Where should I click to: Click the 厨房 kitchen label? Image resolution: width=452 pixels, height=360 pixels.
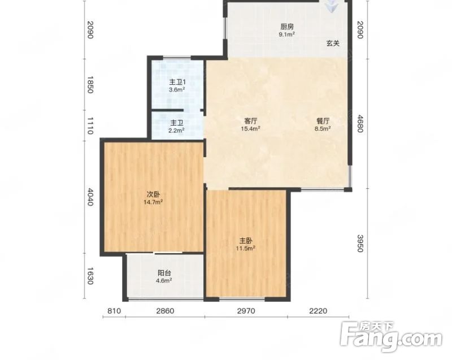tap(287, 27)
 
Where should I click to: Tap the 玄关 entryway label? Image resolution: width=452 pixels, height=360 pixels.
tap(333, 44)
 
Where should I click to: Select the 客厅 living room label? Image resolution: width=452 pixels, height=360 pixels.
tap(250, 121)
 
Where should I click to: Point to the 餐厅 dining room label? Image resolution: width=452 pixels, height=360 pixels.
tap(323, 121)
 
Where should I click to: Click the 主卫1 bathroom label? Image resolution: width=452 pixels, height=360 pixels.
tap(177, 83)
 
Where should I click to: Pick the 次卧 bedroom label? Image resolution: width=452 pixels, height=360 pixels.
tap(153, 194)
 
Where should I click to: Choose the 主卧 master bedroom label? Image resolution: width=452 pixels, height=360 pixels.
tap(246, 241)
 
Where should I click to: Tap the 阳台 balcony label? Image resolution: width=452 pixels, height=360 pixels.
tap(164, 273)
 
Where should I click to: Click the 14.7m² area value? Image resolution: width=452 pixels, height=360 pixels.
tap(153, 202)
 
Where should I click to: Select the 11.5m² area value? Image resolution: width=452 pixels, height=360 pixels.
tap(246, 248)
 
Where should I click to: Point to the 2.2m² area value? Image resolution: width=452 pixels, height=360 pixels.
tap(176, 131)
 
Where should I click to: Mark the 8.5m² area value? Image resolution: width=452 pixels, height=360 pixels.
tap(323, 128)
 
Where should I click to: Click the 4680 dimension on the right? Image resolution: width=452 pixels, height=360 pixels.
tap(360, 123)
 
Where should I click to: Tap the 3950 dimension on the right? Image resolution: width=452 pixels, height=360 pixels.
tap(360, 243)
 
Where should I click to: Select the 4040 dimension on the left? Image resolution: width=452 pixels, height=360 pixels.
tap(90, 197)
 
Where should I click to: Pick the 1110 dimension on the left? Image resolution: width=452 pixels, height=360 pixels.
tap(90, 125)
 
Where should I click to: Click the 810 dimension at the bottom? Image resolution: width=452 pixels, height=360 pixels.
tap(114, 311)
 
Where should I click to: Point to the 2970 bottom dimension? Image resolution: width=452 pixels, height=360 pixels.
tap(246, 311)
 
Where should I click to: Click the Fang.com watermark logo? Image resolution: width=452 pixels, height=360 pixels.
tap(391, 336)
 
